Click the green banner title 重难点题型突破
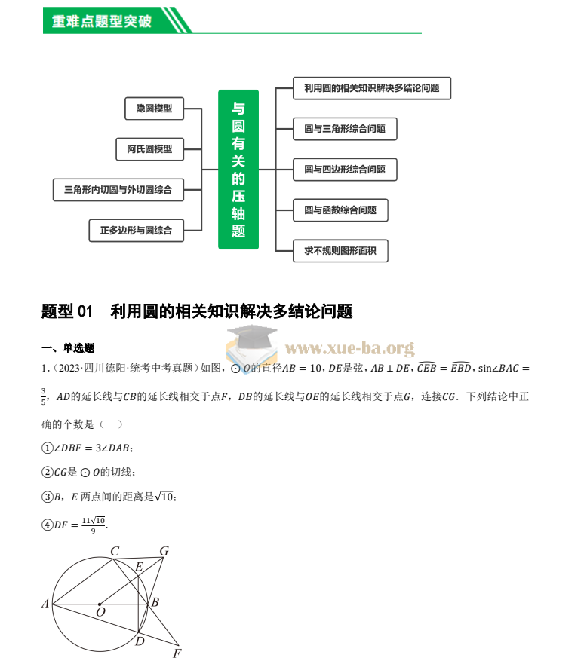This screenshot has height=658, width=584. pos(101,21)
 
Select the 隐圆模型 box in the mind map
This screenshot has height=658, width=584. pos(154,109)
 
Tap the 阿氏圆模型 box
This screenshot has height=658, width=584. pos(149,149)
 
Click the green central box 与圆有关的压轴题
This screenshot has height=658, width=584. pos(238,170)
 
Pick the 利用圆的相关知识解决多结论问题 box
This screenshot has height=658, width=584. pos(371,88)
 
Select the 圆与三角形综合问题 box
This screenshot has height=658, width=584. pos(345,129)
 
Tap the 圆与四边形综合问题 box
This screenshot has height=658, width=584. pos(345,170)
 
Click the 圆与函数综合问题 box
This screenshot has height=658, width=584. pos(340,210)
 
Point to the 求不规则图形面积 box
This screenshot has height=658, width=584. pos(340,251)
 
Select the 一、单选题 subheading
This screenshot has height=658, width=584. pos(67,348)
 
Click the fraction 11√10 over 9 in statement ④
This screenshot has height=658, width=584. pos(94,525)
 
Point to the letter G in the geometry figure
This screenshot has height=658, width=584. pos(164,552)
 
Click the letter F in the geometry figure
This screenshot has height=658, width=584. pos(177,653)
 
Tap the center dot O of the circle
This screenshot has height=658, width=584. pos(100,604)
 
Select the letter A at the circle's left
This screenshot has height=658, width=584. pos(45,604)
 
